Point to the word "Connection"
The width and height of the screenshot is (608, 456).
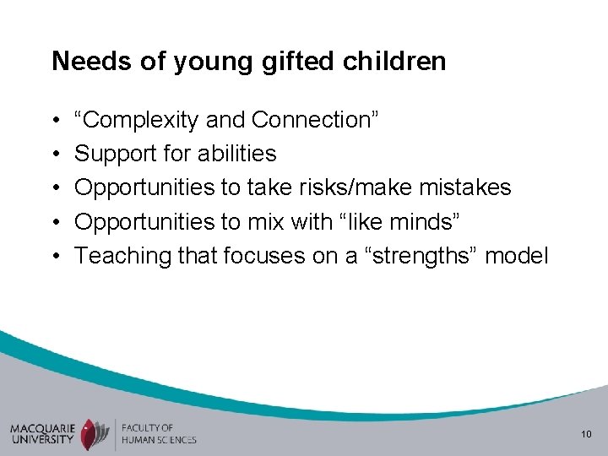(x=312, y=121)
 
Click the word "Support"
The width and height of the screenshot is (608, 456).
(x=109, y=154)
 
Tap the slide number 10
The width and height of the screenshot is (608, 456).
(x=584, y=434)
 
